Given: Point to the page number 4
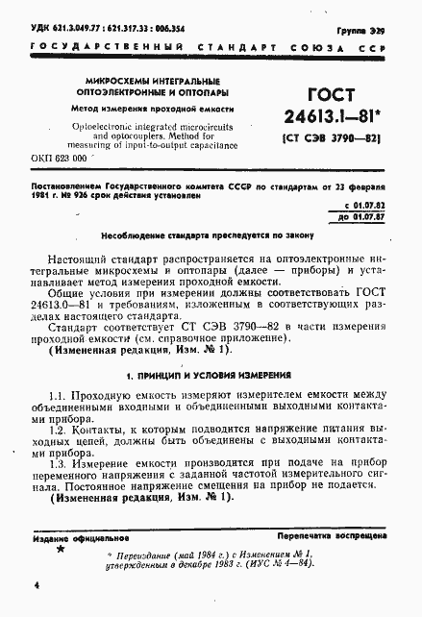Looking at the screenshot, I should tap(35, 585).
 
